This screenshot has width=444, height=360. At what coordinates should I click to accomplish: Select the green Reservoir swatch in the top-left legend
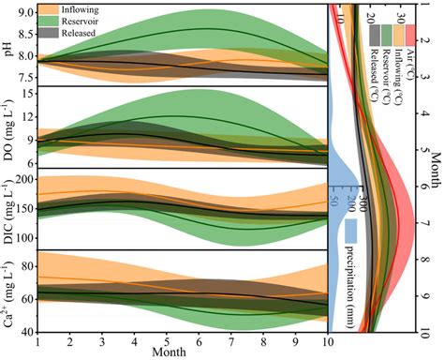click(66, 20)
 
